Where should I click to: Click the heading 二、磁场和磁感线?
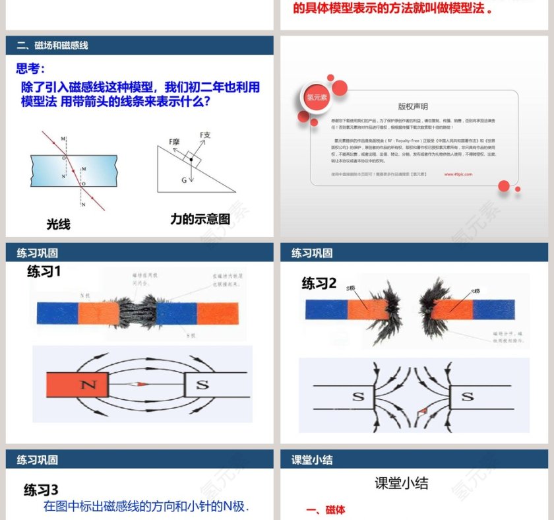(x=52, y=46)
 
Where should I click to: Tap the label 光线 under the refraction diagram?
(x=58, y=224)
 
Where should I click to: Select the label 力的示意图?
(x=200, y=219)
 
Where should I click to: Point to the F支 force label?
(x=205, y=135)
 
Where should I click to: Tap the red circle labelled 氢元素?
(x=313, y=97)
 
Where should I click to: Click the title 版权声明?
(x=413, y=106)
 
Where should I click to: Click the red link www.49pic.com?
(x=458, y=174)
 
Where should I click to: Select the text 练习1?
(x=44, y=271)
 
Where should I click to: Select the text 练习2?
(x=319, y=283)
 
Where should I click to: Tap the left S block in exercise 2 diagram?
(x=358, y=397)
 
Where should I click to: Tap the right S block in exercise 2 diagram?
(x=467, y=397)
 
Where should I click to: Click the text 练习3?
(x=42, y=490)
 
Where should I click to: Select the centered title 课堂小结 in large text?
(x=401, y=483)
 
